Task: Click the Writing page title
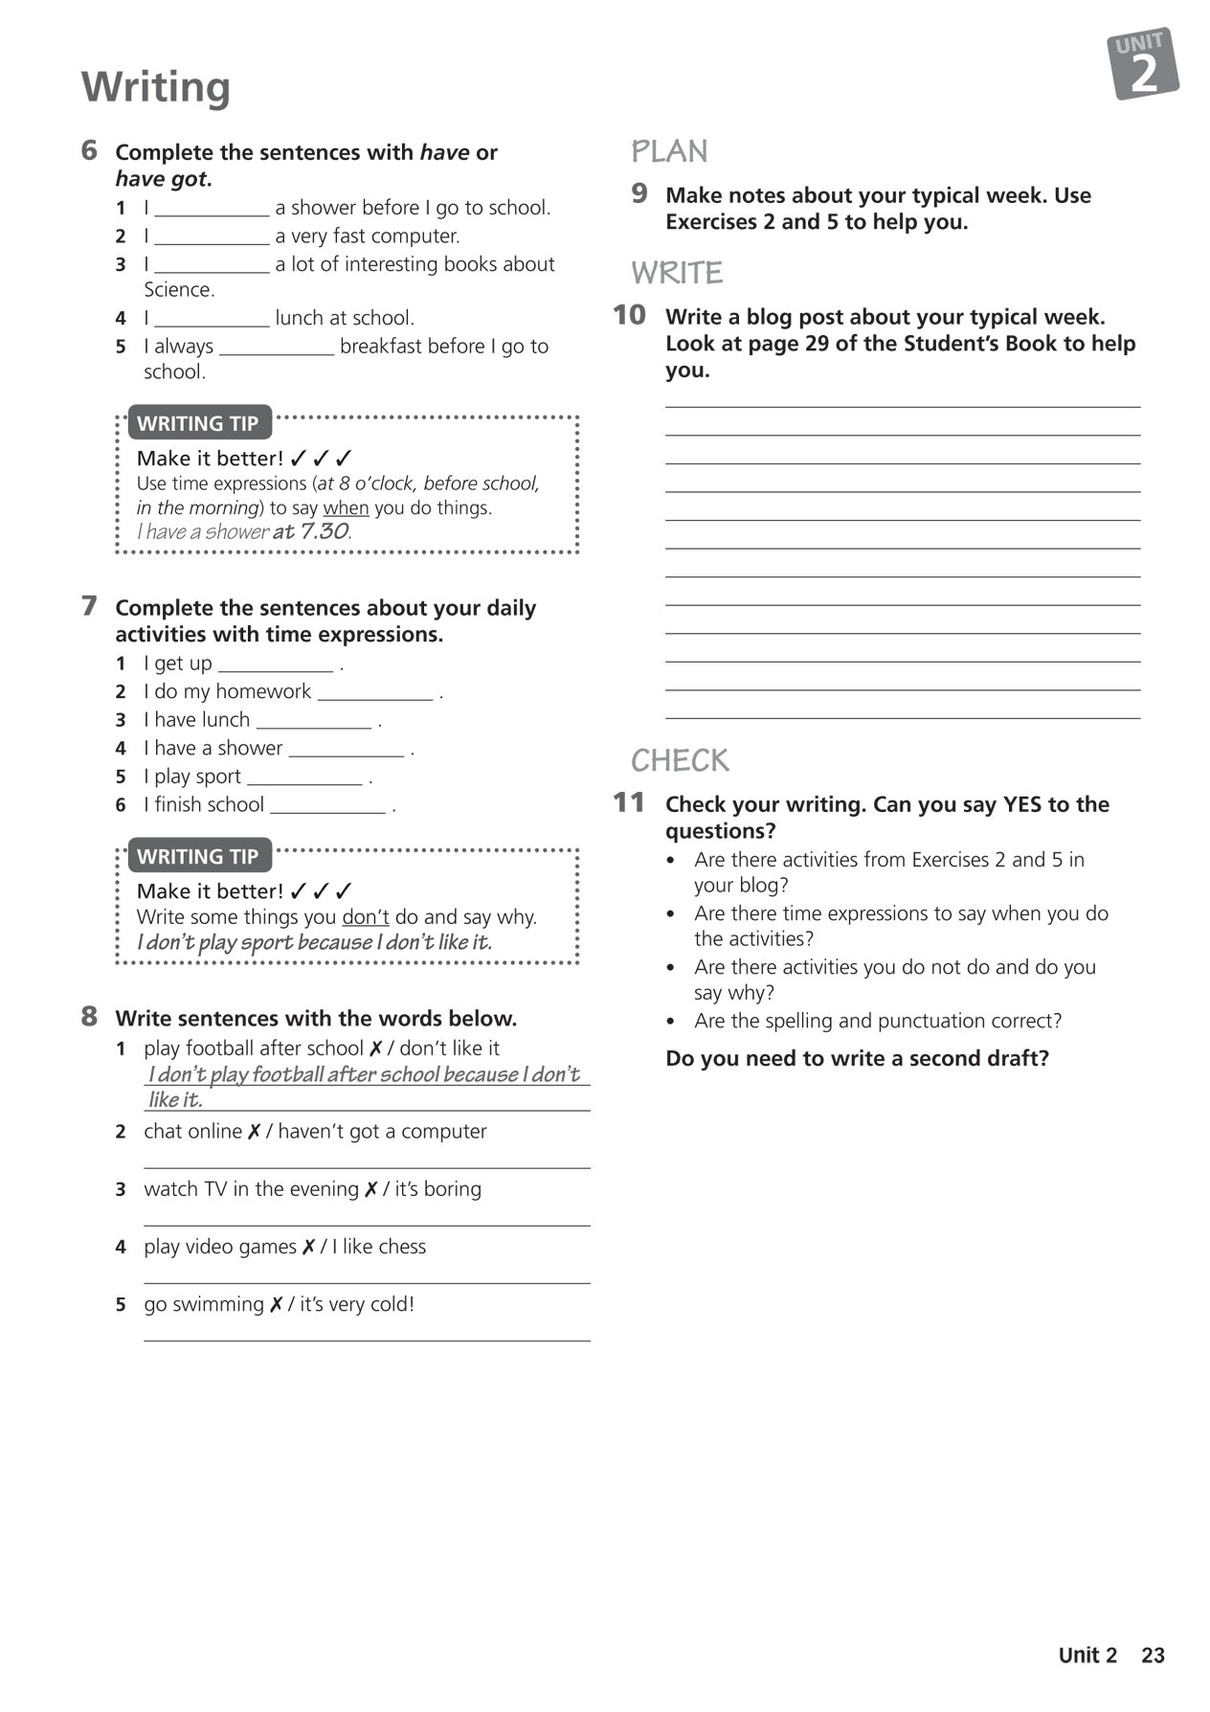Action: (156, 87)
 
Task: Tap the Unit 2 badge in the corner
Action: (1143, 64)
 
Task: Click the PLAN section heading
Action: (669, 151)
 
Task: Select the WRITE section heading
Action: (677, 273)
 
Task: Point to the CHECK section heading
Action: (680, 760)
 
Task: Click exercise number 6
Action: (89, 150)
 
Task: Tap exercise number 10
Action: (629, 315)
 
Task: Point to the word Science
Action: (179, 289)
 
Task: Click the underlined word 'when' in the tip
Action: (346, 507)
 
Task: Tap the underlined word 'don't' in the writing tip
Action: (366, 916)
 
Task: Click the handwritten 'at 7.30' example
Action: (311, 531)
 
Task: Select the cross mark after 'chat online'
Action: (255, 1132)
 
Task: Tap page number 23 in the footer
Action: (1153, 1655)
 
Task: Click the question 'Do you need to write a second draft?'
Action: (857, 1058)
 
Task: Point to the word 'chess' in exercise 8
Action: (402, 1247)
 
